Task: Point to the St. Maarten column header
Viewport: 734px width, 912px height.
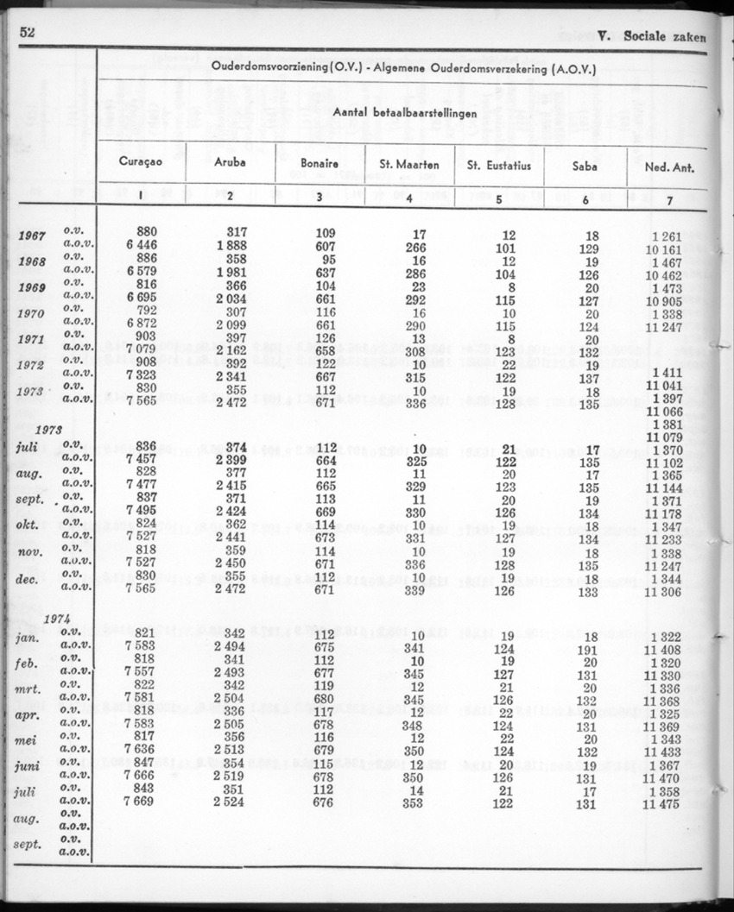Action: pyautogui.click(x=409, y=164)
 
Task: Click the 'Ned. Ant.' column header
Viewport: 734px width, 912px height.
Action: pyautogui.click(x=670, y=167)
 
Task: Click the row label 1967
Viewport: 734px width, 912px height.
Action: pyautogui.click(x=33, y=237)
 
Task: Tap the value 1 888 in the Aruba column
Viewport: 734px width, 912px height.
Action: pyautogui.click(x=231, y=246)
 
